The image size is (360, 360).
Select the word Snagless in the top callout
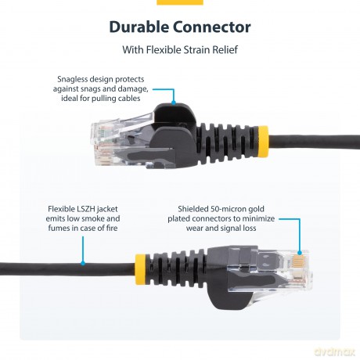(77, 79)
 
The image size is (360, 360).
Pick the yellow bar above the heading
(179, 2)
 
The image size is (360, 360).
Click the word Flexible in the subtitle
(161, 50)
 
